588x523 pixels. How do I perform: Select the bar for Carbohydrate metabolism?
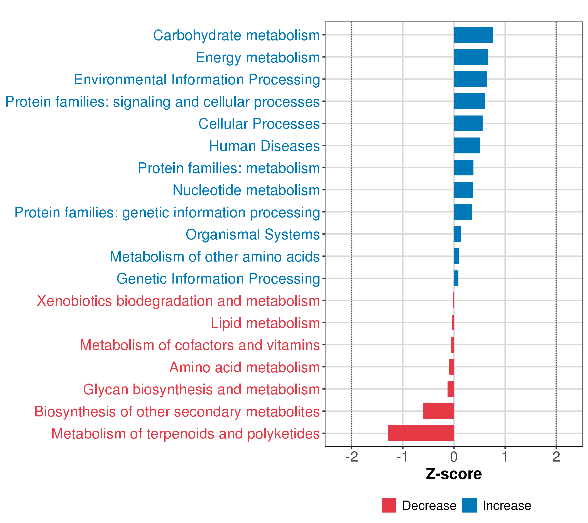tap(473, 35)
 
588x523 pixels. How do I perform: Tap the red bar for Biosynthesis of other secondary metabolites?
tap(438, 411)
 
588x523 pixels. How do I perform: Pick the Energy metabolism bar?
tap(471, 57)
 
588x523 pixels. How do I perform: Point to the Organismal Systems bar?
tap(457, 234)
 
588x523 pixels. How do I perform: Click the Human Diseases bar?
tap(467, 145)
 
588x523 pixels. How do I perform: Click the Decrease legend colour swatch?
tap(389, 505)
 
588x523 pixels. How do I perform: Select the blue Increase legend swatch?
tap(470, 505)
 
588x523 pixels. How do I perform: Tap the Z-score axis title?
tap(454, 474)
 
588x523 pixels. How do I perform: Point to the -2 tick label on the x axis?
tap(351, 457)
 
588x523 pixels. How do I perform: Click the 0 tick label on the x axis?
tap(454, 457)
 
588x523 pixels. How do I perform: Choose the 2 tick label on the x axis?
tap(556, 457)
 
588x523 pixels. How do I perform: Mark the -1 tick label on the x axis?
tap(402, 457)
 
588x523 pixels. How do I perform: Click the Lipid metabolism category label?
tap(265, 323)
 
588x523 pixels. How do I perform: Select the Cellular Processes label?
tap(259, 124)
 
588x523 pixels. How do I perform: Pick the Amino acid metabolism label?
tap(245, 367)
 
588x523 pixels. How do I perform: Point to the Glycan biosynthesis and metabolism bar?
tap(451, 389)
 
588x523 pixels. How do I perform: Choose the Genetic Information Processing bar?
tap(456, 278)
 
